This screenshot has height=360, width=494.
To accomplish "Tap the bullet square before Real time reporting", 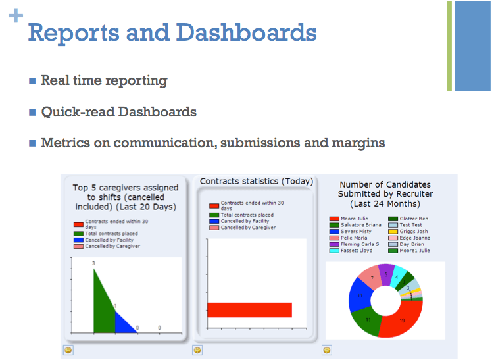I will point(32,81).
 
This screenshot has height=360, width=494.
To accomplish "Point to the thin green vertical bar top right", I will point(449,46).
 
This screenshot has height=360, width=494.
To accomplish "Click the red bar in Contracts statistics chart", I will point(249,309).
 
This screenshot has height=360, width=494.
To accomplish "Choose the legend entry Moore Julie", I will point(354,219).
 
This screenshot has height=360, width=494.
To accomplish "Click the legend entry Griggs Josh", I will point(412,231).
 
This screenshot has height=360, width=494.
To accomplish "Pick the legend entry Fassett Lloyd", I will point(356,250).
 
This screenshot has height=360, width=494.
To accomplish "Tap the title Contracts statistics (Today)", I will point(256,181).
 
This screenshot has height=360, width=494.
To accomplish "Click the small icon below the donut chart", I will point(327,350).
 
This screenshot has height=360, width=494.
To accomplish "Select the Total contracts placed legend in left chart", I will point(111,233).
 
